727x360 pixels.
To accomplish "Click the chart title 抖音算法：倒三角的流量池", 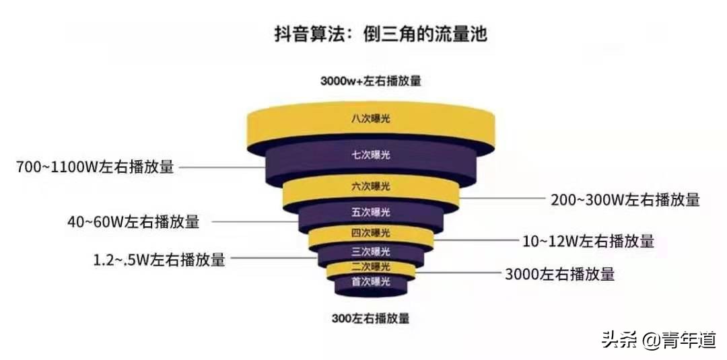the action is coord(380,35).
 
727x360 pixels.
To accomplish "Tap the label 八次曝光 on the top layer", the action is coord(370,118).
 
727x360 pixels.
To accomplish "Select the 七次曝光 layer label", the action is coord(370,155).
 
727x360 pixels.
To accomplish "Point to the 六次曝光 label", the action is coord(370,186).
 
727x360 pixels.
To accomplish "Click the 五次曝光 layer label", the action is coord(370,213).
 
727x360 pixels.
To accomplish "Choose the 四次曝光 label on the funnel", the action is coord(370,233).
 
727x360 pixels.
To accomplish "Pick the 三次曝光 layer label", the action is coord(370,252).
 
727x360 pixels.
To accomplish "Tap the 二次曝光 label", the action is coord(370,267).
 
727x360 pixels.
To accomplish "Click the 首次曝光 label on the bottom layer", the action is coord(370,281).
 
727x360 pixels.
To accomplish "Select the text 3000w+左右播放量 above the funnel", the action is coord(370,81).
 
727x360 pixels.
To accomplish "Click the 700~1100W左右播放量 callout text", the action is coord(95,167).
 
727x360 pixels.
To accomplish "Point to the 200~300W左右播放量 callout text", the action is coord(625,200).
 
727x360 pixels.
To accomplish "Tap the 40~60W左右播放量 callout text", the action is coord(133,222).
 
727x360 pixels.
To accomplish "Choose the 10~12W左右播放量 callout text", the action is coord(588,241).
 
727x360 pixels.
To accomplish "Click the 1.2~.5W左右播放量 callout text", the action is coord(160,260).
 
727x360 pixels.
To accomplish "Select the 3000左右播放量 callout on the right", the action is coord(559,274).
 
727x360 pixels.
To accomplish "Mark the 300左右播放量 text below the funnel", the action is coord(370,319).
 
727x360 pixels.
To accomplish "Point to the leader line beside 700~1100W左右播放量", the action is coord(223,167).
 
